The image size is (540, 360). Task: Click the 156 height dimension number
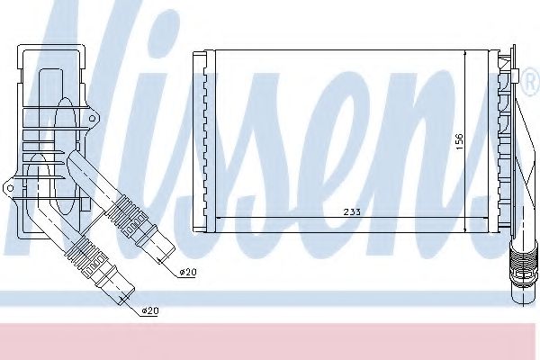click(x=459, y=141)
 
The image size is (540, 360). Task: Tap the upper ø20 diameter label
click(x=185, y=272)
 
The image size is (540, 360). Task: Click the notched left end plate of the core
click(x=202, y=139)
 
